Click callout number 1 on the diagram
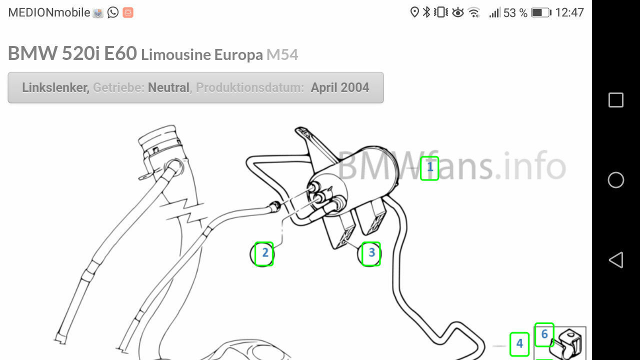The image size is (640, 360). tap(429, 168)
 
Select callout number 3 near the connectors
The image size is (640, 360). tap(371, 253)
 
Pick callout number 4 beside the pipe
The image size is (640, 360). tap(519, 344)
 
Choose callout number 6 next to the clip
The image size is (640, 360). tap(544, 334)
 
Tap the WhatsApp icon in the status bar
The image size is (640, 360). tap(113, 12)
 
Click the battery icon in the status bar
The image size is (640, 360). tap(541, 12)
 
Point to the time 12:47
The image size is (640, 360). tap(569, 12)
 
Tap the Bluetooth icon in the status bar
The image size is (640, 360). tap(426, 12)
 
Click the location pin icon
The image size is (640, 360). tap(414, 12)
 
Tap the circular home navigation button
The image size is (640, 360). tap(615, 180)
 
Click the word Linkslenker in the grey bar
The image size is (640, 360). tap(55, 87)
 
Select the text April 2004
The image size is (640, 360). tap(340, 87)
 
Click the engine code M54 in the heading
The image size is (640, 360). tap(282, 54)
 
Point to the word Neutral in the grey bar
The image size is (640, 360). tap(169, 87)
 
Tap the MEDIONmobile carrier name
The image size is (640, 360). tap(49, 12)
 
